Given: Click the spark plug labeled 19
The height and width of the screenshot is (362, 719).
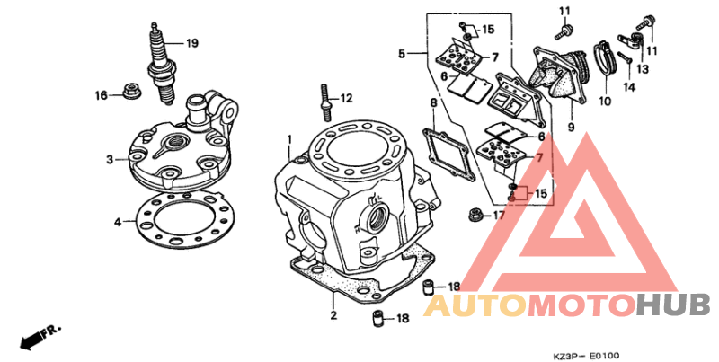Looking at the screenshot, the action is pyautogui.click(x=163, y=64).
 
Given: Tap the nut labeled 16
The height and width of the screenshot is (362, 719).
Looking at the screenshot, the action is pyautogui.click(x=132, y=90).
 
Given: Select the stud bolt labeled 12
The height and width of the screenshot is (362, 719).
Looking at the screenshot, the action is pyautogui.click(x=324, y=102).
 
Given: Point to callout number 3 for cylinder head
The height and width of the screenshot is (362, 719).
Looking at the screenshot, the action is pyautogui.click(x=110, y=160).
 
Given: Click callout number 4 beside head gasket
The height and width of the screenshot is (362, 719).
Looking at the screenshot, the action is pyautogui.click(x=118, y=222).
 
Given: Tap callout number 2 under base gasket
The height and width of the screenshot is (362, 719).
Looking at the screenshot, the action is pyautogui.click(x=333, y=315).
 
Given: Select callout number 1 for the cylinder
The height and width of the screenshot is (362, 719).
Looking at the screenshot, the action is pyautogui.click(x=289, y=138).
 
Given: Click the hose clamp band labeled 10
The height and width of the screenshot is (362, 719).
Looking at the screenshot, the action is pyautogui.click(x=604, y=66).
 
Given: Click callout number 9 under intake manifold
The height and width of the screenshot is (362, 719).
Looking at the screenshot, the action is pyautogui.click(x=571, y=127).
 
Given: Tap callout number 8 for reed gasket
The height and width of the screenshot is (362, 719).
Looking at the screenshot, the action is pyautogui.click(x=433, y=102).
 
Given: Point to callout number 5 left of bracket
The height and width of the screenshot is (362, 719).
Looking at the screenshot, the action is pyautogui.click(x=402, y=54).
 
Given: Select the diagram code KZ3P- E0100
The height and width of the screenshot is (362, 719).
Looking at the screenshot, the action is pyautogui.click(x=587, y=356).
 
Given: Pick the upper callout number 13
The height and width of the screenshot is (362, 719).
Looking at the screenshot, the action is pyautogui.click(x=644, y=69).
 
